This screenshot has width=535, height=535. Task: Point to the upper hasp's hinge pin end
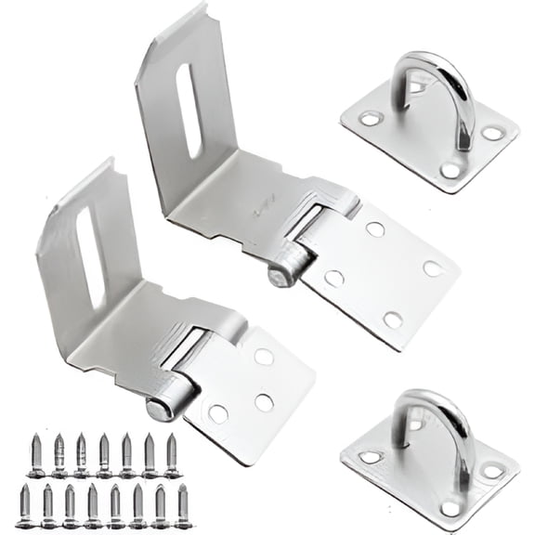click(277, 276)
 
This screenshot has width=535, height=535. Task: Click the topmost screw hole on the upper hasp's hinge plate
click(375, 228)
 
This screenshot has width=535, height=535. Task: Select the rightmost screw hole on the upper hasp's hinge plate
click(432, 268)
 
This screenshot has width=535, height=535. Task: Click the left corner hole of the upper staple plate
click(370, 119)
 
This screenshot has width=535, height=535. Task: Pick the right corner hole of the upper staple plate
click(492, 133)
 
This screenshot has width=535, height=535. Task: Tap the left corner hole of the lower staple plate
click(370, 457)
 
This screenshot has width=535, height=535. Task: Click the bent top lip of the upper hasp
click(172, 27)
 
